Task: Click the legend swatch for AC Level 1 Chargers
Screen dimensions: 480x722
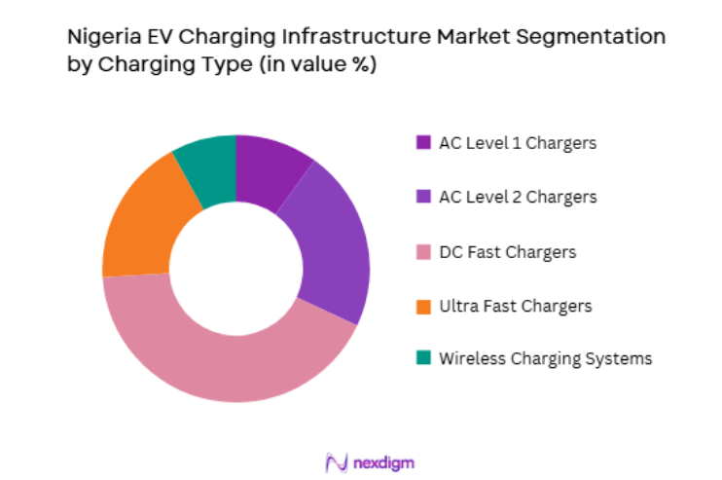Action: click(x=422, y=142)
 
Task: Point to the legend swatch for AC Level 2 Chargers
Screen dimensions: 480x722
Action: click(x=422, y=197)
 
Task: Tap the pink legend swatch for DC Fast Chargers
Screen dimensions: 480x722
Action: click(x=422, y=252)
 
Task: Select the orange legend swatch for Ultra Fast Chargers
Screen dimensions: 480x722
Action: click(x=422, y=306)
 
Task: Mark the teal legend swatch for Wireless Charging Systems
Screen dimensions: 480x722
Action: click(x=422, y=357)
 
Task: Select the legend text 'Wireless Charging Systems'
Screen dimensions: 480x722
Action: click(x=545, y=357)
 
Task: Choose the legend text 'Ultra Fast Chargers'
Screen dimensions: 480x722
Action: click(x=515, y=306)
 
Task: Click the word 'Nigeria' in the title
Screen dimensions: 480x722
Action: click(x=98, y=38)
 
